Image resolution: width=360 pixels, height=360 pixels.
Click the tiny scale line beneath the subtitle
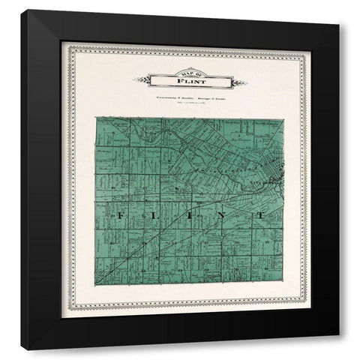pyautogui.click(x=184, y=103)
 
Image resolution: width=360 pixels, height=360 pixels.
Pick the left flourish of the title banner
pyautogui.click(x=139, y=79)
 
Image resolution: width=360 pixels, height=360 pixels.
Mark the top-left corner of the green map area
pyautogui.click(x=96, y=117)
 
